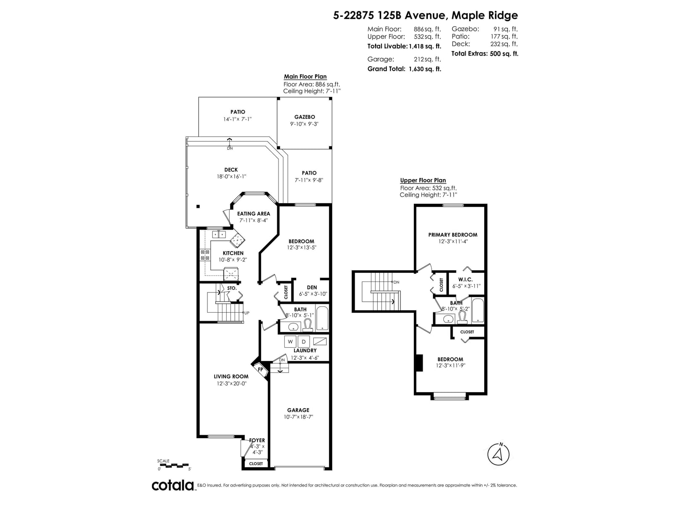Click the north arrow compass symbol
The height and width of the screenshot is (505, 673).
click(x=498, y=454)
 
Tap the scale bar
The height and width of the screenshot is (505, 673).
click(x=174, y=465)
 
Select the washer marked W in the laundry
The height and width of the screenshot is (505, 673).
click(x=290, y=341)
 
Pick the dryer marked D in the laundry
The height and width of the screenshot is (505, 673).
click(x=304, y=341)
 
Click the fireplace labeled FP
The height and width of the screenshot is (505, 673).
click(x=260, y=369)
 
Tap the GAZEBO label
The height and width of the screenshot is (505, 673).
click(x=305, y=117)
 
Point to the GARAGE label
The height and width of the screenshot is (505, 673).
click(x=298, y=410)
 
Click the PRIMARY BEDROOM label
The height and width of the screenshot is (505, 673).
click(x=453, y=235)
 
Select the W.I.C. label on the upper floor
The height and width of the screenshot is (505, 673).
click(x=466, y=279)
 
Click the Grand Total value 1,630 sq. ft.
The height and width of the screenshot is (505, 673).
click(x=425, y=69)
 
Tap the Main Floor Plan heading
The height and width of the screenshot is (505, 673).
click(x=305, y=77)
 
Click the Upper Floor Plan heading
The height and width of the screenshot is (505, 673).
click(x=423, y=180)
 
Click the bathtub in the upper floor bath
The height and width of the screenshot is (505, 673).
click(x=477, y=310)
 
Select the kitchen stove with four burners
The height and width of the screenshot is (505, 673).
click(x=205, y=255)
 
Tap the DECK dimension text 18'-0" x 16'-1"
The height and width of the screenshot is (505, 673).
click(x=231, y=177)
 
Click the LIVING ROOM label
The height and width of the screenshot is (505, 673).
click(x=231, y=377)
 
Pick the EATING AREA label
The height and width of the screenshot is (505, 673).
click(x=254, y=214)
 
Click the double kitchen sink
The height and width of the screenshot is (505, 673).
click(x=219, y=234)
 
